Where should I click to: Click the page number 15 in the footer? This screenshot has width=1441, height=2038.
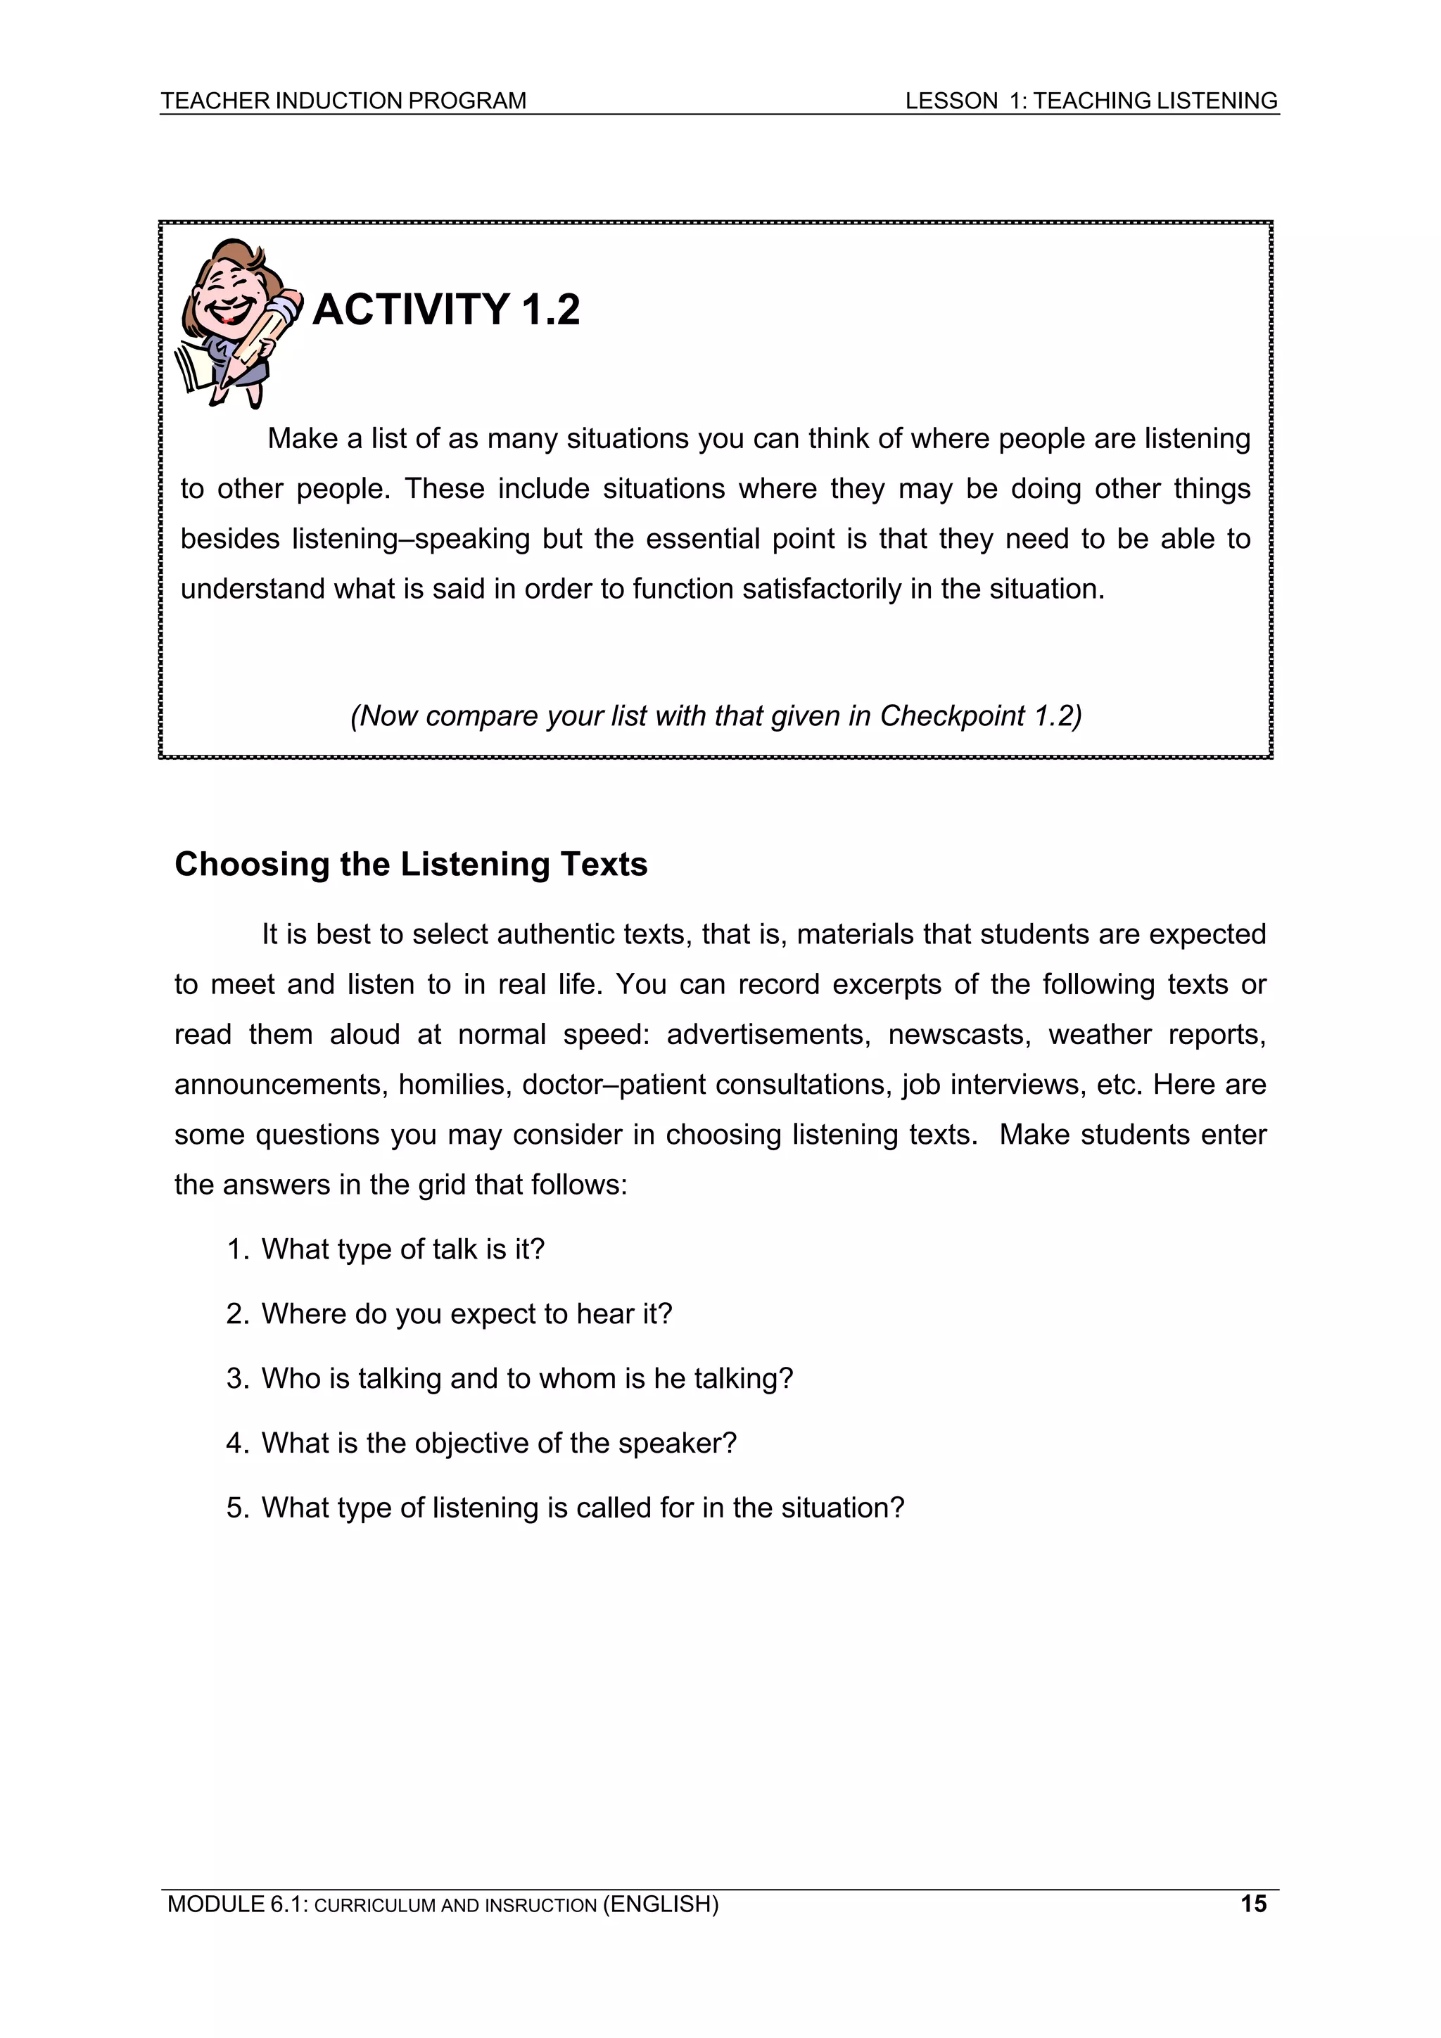click(x=1252, y=1903)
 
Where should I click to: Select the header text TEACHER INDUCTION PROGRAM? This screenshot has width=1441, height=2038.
click(x=343, y=101)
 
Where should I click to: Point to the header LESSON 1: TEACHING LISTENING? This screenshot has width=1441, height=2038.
click(x=1091, y=101)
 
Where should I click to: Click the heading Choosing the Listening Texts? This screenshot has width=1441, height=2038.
click(x=410, y=864)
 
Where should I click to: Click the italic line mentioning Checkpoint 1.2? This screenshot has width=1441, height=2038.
click(x=716, y=715)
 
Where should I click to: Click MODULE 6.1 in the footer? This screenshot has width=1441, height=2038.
click(x=235, y=1904)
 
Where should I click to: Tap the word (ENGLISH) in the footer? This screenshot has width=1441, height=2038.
click(x=660, y=1904)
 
